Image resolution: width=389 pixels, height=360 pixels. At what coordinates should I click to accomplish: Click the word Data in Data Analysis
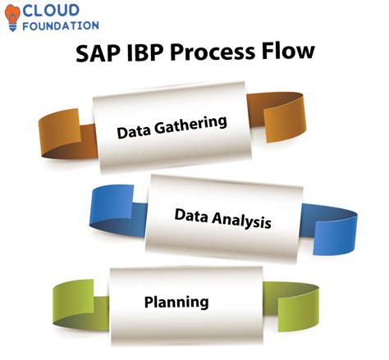(190, 215)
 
